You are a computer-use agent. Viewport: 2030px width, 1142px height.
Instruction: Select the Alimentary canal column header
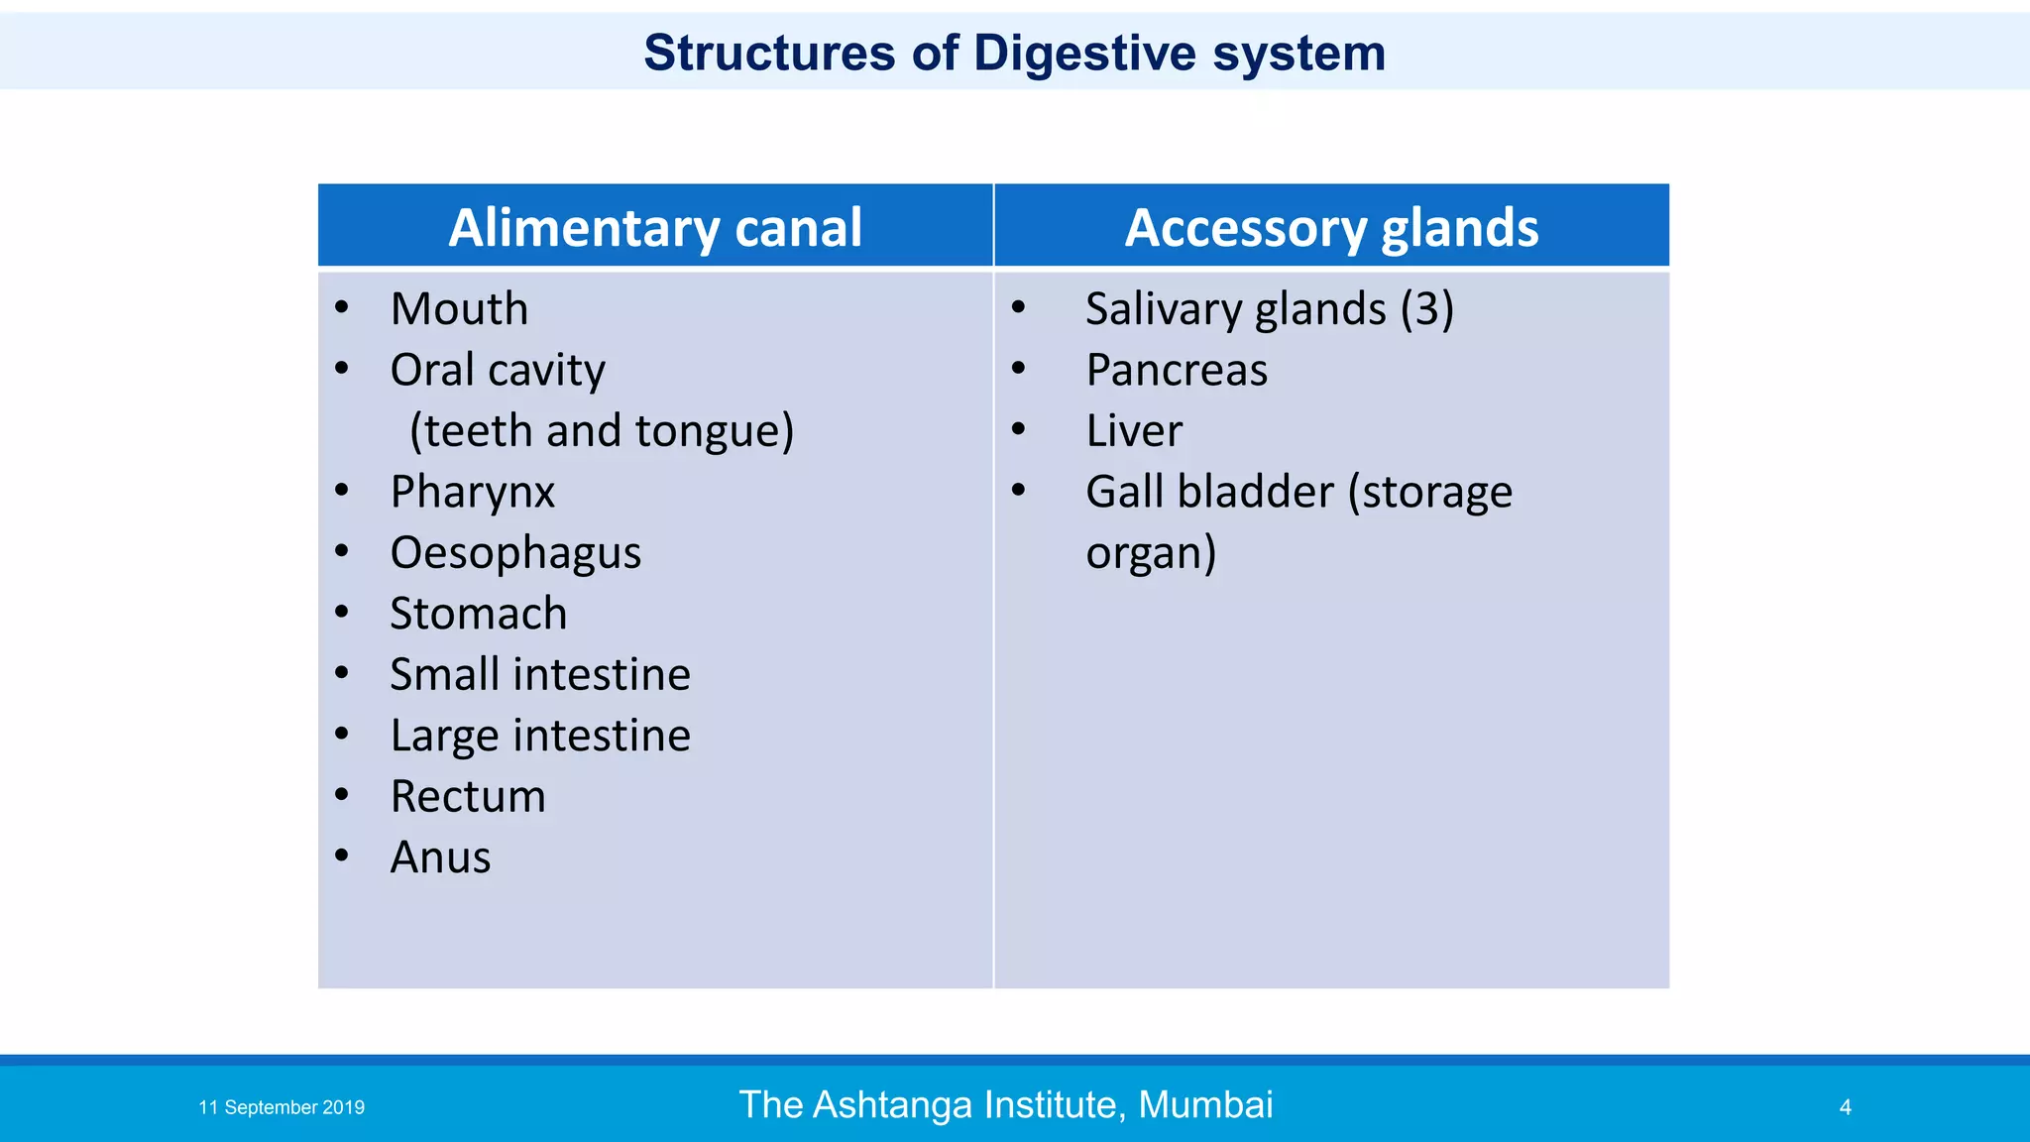coord(655,228)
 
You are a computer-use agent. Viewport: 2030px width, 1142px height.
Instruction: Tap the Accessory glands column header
coord(1331,228)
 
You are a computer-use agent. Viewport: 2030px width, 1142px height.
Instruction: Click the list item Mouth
coord(459,309)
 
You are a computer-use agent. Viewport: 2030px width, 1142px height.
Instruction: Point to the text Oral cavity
coord(498,371)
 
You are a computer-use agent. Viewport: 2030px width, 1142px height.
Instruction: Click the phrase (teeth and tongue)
coord(602,431)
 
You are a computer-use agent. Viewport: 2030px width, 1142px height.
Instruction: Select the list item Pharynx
coord(472,493)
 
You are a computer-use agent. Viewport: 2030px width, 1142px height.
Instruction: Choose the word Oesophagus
coord(515,553)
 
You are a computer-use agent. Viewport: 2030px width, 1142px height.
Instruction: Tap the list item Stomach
coord(479,614)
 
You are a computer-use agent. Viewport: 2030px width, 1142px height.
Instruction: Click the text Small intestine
coord(540,675)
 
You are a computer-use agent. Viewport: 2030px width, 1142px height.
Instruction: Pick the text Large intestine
coord(540,737)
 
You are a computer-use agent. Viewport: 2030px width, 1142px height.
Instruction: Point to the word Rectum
coord(468,797)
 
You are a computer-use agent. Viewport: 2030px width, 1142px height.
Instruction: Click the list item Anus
coord(440,857)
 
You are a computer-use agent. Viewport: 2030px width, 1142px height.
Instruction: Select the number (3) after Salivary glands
coord(1427,309)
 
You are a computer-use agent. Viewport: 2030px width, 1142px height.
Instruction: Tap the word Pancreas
coord(1177,371)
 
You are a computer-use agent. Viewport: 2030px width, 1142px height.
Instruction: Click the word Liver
coord(1134,431)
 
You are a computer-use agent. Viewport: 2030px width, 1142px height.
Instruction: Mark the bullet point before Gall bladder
coord(1018,489)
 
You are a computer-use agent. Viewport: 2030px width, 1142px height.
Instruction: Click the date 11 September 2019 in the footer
coord(282,1107)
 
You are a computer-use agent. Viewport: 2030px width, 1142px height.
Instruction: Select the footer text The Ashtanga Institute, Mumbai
coord(1006,1104)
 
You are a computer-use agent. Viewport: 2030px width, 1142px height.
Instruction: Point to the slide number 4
coord(1846,1107)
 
